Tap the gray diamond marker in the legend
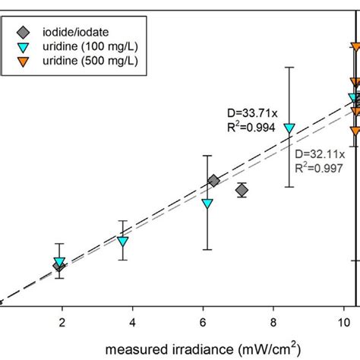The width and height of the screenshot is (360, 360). click(x=25, y=33)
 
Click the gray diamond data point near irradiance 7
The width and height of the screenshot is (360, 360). click(x=242, y=190)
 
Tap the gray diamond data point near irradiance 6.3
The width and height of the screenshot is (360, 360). click(x=214, y=181)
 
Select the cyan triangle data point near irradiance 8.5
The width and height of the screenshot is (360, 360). click(x=289, y=129)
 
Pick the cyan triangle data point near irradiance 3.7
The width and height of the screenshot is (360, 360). click(x=122, y=242)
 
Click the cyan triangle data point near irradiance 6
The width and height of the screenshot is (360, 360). click(x=207, y=204)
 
